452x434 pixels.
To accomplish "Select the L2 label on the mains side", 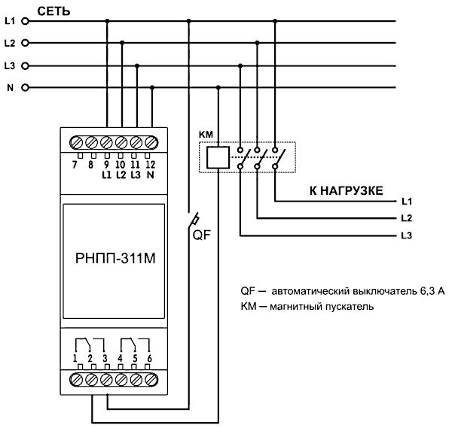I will tap(10, 43).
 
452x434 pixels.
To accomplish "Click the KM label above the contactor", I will tap(206, 134).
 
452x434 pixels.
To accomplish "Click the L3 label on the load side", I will tap(407, 237).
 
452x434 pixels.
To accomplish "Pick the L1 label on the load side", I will tap(407, 202).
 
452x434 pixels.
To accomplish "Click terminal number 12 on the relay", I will tap(151, 165).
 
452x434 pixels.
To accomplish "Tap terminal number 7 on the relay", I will tap(75, 165).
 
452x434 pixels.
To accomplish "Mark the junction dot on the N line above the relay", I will tap(152, 87).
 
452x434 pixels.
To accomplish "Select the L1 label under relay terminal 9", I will tap(106, 175).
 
